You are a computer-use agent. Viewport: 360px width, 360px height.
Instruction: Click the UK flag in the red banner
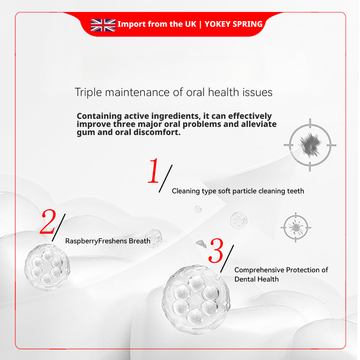103,25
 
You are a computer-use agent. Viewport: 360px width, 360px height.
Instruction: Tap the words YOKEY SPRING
233,24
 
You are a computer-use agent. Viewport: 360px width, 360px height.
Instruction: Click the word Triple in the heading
88,92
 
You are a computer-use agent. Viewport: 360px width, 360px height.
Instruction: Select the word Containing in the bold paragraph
99,116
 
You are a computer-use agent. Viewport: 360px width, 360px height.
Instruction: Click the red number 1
154,171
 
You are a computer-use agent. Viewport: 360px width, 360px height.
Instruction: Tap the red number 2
48,221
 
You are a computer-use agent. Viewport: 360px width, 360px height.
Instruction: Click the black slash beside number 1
166,179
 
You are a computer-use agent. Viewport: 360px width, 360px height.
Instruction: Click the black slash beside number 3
227,259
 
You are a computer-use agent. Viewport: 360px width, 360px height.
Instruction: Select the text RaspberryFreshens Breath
108,241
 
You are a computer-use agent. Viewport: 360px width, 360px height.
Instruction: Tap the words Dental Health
256,279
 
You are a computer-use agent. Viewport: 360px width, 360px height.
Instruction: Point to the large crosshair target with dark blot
310,145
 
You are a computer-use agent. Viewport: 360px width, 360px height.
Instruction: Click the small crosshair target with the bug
296,227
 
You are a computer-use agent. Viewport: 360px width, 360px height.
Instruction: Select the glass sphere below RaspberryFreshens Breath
47,267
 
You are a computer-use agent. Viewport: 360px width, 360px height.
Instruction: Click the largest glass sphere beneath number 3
196,299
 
